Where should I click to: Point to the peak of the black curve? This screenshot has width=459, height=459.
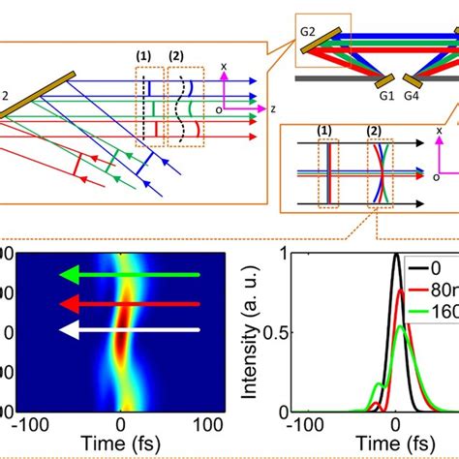pos(396,256)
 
